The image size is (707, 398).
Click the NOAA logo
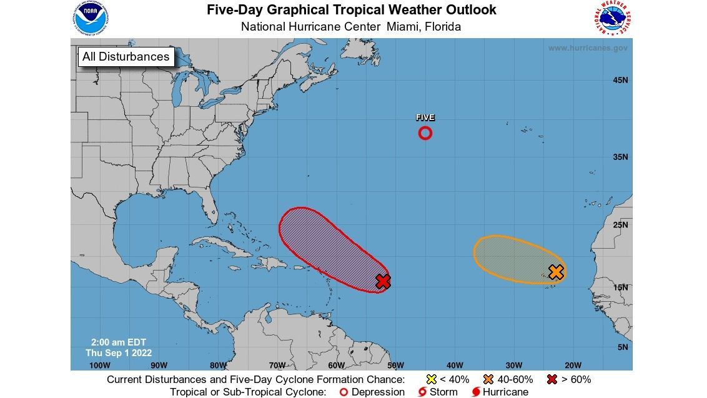90,19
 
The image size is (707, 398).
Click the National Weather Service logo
610,19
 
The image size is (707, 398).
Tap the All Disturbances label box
126,57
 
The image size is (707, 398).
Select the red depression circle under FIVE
425,133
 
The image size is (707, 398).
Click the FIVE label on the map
425,117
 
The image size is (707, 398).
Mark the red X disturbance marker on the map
383,282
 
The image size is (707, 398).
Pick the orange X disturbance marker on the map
556,272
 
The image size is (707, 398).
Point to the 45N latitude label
620,80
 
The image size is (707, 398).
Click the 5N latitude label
622,347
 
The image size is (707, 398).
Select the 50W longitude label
395,366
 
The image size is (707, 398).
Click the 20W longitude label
572,366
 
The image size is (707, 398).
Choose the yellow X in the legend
430,379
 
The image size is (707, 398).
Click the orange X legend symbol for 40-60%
488,379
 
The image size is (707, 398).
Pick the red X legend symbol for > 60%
552,379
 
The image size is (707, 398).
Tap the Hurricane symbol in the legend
477,392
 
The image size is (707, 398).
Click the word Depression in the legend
378,392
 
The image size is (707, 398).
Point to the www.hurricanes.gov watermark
588,48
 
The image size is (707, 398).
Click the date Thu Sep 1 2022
119,353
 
